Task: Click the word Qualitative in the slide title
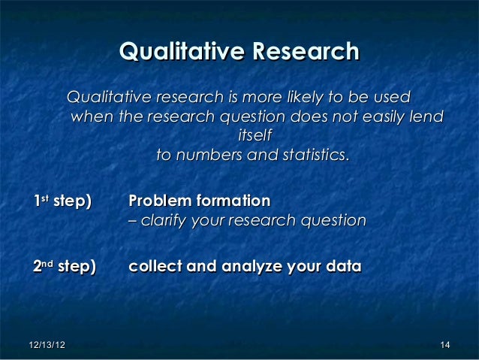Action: [x=182, y=53]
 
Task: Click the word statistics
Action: [x=314, y=156]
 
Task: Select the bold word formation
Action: [x=234, y=201]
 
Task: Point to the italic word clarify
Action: [x=164, y=221]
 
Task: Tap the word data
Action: [x=344, y=267]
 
